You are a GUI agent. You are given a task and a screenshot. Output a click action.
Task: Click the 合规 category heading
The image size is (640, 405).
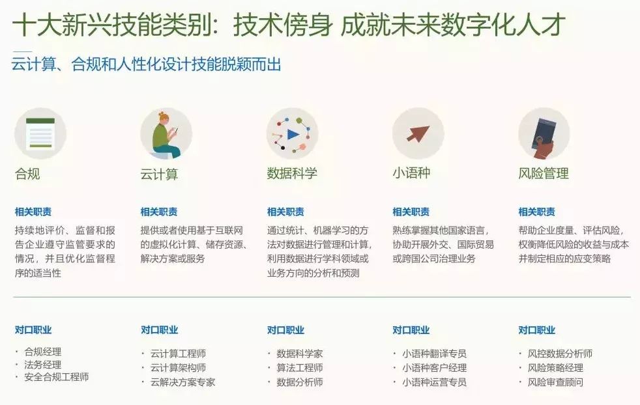coord(27,174)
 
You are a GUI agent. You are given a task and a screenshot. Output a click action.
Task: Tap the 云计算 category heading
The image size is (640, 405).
coord(159,175)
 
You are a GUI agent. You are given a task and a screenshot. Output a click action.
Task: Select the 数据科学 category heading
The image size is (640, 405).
coord(292,173)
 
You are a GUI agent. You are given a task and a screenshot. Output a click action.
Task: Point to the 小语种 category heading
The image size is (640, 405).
coord(411,173)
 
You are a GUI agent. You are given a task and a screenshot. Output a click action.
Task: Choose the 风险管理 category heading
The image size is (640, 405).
coord(544,173)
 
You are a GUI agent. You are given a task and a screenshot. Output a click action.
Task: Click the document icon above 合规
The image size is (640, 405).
coord(40,133)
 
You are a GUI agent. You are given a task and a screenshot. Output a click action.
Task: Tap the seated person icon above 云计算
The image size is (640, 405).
coord(166,133)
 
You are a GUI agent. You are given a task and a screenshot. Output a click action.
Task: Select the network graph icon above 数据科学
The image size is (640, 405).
coord(292,133)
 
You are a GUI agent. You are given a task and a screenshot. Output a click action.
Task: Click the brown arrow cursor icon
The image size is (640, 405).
coord(418,133)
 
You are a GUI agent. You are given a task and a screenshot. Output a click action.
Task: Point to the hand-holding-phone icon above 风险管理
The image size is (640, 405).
coord(544,134)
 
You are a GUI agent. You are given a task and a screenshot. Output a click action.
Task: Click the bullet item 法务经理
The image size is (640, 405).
coord(42,365)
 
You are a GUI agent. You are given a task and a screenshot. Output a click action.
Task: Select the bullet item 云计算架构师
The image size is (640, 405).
coord(178,368)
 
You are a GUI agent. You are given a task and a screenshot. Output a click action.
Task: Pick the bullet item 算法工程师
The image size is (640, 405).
coord(299,368)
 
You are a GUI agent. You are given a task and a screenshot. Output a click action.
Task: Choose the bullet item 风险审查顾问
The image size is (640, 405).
coord(555,382)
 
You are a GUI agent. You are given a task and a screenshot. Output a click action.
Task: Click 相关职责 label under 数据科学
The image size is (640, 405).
coord(285,212)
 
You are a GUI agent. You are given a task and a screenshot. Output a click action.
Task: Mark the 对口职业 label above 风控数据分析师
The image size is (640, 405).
coord(537,330)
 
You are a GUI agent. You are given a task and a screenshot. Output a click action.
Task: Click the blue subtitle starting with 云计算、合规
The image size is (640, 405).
coord(147,64)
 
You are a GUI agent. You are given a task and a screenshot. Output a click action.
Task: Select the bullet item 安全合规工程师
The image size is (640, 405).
coord(56,377)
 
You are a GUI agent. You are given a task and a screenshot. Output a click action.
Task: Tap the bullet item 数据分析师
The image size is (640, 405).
coord(299,382)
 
